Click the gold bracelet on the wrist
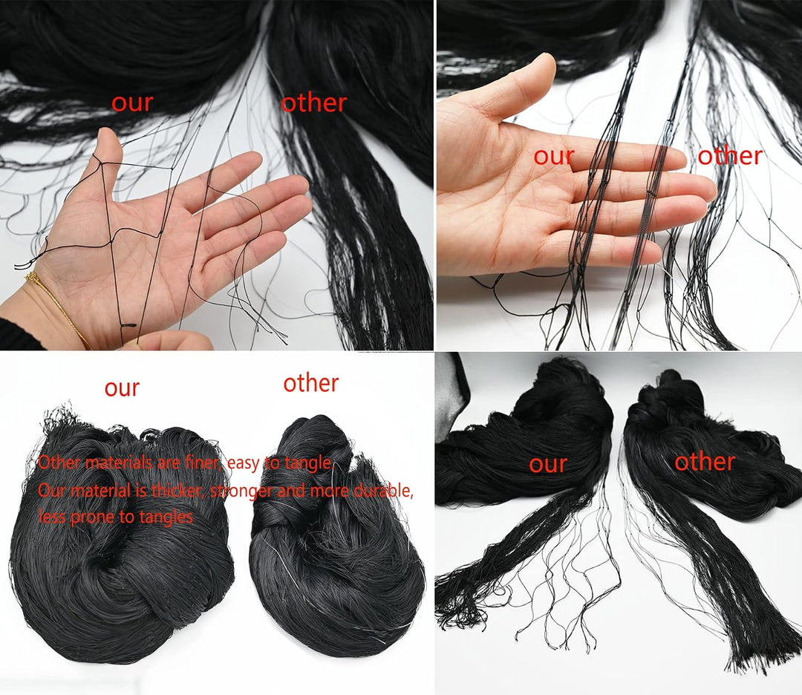click(x=56, y=307)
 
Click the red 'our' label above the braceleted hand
click(x=132, y=102)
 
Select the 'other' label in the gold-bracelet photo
click(x=314, y=102)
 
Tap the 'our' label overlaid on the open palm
click(x=554, y=156)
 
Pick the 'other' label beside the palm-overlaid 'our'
click(x=730, y=155)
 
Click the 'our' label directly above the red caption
click(x=122, y=388)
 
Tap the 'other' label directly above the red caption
click(x=311, y=383)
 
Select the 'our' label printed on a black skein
click(x=548, y=464)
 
